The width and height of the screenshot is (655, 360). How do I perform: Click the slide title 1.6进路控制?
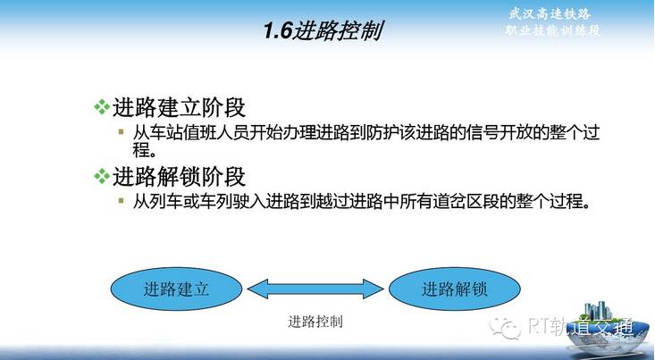pos(323,30)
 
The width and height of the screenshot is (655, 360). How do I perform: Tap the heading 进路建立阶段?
pos(179,107)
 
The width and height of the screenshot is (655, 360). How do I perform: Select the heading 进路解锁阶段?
pos(179,176)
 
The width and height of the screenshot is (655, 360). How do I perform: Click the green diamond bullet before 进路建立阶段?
pos(102,107)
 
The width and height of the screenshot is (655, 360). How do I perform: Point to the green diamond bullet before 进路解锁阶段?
pos(102,176)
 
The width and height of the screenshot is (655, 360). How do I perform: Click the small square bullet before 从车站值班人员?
pos(122,132)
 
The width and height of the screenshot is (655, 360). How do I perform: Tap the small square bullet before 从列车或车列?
pos(122,200)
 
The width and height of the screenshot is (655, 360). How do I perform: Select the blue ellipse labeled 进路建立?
pos(176,289)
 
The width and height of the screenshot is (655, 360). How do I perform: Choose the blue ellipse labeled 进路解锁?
pos(455,289)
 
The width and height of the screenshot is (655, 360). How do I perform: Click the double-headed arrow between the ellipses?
pos(315,289)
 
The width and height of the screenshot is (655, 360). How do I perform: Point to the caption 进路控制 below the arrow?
pos(315,322)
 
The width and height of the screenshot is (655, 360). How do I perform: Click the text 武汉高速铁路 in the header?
pos(550,13)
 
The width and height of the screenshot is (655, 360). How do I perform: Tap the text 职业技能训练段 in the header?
pos(552,30)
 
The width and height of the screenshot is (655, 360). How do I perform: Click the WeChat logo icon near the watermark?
pos(506,328)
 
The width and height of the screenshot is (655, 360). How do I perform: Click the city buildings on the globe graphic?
pos(598,311)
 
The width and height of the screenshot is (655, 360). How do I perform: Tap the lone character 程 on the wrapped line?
pos(141,150)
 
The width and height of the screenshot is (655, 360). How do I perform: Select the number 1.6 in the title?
pos(277,31)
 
